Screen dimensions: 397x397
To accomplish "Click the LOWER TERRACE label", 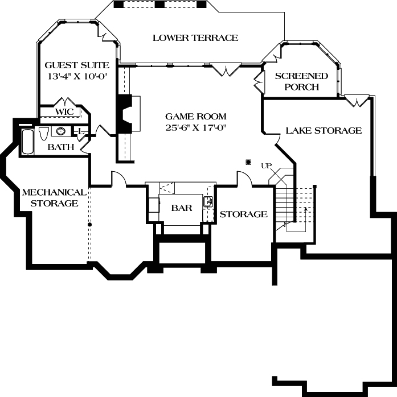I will click(x=195, y=38).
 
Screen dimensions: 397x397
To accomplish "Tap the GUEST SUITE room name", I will click(x=77, y=65).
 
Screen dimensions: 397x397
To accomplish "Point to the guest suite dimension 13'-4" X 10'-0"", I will click(x=77, y=76).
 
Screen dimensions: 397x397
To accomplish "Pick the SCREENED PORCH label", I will click(x=301, y=81).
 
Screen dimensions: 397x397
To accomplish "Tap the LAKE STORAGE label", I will click(x=324, y=130).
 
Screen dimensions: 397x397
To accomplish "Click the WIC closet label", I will click(x=64, y=111).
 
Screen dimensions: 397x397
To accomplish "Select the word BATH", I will click(x=61, y=147).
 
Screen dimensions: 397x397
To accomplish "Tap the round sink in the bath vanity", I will click(x=60, y=131).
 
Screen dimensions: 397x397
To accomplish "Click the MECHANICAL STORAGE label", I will click(x=54, y=198).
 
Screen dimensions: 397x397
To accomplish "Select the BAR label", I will click(x=182, y=208).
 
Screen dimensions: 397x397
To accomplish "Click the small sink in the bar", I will click(x=209, y=201).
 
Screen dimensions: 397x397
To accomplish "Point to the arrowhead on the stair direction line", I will click(x=306, y=209).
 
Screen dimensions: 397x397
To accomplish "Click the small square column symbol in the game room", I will click(x=248, y=162).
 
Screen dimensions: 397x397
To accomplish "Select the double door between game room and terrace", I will click(x=226, y=69).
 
